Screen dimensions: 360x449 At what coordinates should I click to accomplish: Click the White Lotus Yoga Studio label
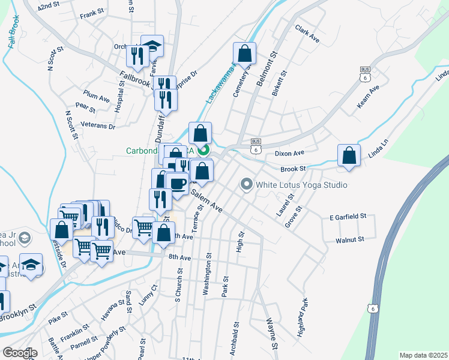click(x=301, y=185)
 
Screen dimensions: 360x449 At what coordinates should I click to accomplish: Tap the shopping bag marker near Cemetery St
click(x=244, y=54)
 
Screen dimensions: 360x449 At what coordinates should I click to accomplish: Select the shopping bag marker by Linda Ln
click(x=349, y=156)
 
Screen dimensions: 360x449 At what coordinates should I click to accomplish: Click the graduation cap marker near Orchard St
click(x=152, y=47)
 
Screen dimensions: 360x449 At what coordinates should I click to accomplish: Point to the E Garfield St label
click(x=348, y=217)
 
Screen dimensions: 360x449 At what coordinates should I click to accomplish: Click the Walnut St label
click(x=351, y=240)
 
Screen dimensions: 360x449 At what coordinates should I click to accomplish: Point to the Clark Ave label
click(x=307, y=33)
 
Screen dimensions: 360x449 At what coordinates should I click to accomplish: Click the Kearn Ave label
click(x=369, y=97)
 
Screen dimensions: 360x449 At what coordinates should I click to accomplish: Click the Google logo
click(x=19, y=353)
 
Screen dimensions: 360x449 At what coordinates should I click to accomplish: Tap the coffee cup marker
click(x=177, y=184)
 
